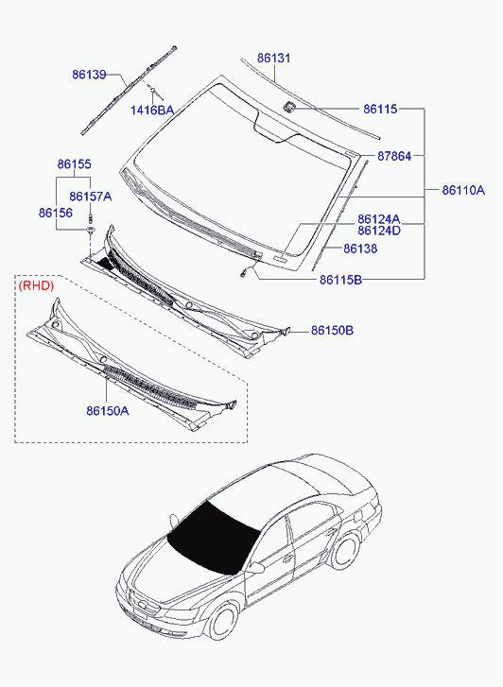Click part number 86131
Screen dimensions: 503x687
pyautogui.click(x=273, y=59)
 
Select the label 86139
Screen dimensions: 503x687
pyautogui.click(x=89, y=75)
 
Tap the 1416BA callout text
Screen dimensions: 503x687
pyautogui.click(x=152, y=111)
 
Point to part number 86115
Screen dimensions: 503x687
pyautogui.click(x=380, y=109)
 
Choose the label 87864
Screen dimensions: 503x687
pyautogui.click(x=394, y=156)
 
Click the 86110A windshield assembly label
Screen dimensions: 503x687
pyautogui.click(x=463, y=190)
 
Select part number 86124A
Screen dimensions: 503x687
pyautogui.click(x=379, y=219)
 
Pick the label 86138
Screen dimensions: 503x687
pyautogui.click(x=360, y=249)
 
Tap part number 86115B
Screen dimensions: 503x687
pyautogui.click(x=340, y=280)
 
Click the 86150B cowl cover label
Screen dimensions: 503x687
pyautogui.click(x=333, y=331)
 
